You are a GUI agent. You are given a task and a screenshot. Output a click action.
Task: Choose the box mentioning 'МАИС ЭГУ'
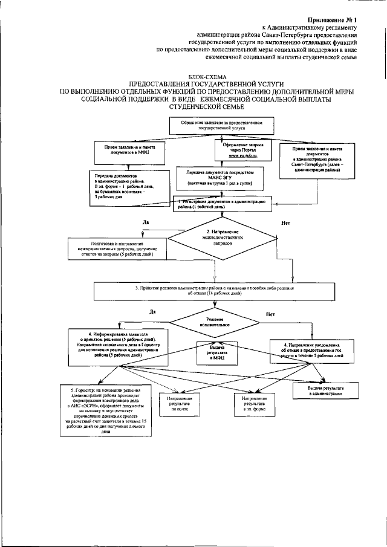click(x=226, y=177)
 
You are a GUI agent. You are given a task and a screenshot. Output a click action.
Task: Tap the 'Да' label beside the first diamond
click(x=146, y=222)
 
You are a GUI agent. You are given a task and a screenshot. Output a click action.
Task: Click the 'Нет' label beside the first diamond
click(x=286, y=223)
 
